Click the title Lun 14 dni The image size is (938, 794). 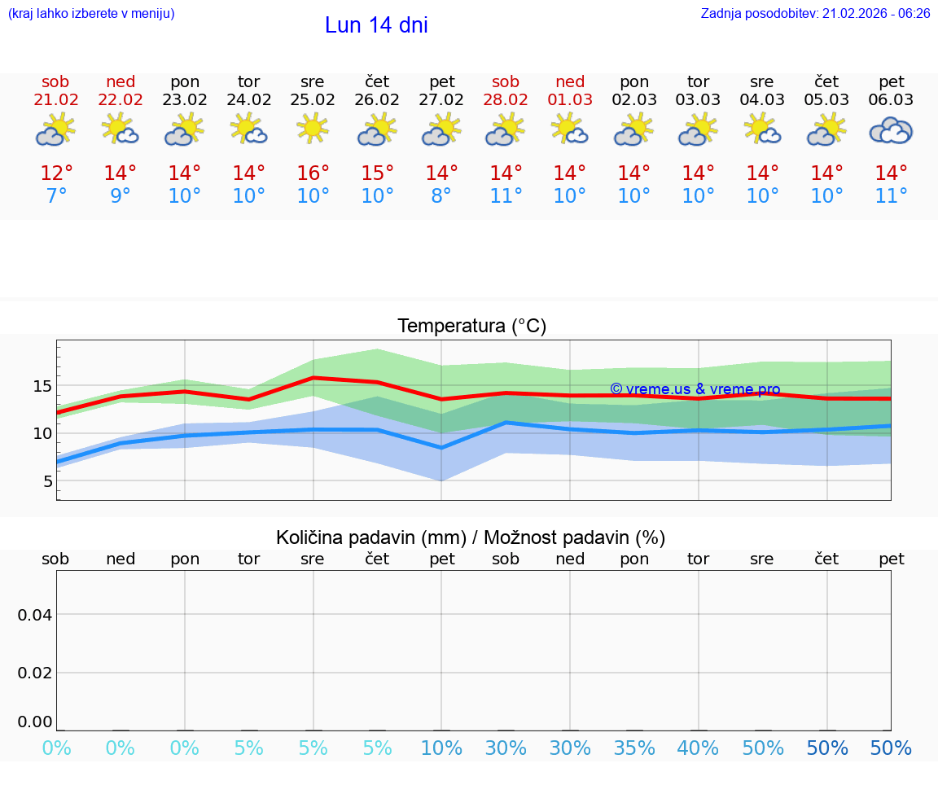pyautogui.click(x=376, y=25)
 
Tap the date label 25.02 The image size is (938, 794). pyautogui.click(x=312, y=99)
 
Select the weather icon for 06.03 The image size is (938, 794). pyautogui.click(x=891, y=130)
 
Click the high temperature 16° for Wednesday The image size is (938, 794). pyautogui.click(x=313, y=173)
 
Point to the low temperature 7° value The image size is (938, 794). pyautogui.click(x=56, y=196)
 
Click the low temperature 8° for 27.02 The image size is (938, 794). pyautogui.click(x=441, y=196)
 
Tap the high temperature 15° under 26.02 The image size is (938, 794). pyautogui.click(x=377, y=173)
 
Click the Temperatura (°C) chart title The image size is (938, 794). pyautogui.click(x=471, y=327)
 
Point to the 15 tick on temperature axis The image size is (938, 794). pyautogui.click(x=42, y=386)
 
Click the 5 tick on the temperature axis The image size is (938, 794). pyautogui.click(x=47, y=481)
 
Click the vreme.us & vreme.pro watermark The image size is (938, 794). pyautogui.click(x=695, y=389)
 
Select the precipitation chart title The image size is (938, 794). pyautogui.click(x=471, y=537)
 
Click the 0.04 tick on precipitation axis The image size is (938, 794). pyautogui.click(x=35, y=615)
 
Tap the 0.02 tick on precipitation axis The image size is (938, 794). pyautogui.click(x=35, y=673)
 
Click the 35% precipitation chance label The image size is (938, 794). pyautogui.click(x=634, y=748)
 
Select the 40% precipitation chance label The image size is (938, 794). pyautogui.click(x=699, y=748)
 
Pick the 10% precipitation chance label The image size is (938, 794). pyautogui.click(x=441, y=748)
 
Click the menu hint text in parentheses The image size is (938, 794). pyautogui.click(x=91, y=13)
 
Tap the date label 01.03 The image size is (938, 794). pyautogui.click(x=570, y=99)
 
